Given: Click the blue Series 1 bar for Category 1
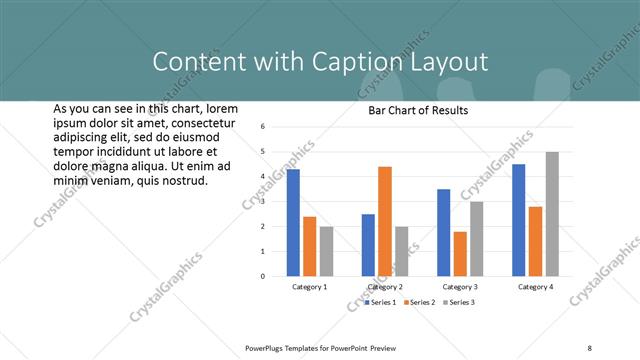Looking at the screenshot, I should [293, 222].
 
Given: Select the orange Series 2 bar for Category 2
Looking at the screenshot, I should [385, 221].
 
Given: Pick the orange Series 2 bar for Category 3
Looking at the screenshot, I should [460, 254].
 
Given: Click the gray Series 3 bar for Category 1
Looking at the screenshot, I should [326, 251].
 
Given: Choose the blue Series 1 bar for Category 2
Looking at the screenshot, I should [368, 245].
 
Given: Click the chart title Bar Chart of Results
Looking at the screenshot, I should [412, 110].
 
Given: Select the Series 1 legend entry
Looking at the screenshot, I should [380, 302].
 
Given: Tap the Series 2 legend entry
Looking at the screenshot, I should [419, 302].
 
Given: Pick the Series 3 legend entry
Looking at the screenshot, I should [458, 302].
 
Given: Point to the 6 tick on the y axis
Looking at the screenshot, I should [261, 127].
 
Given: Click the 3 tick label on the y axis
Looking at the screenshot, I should [261, 202].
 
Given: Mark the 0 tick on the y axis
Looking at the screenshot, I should [261, 277].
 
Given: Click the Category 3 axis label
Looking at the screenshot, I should [460, 287].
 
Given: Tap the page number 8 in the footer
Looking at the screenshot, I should [590, 347].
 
